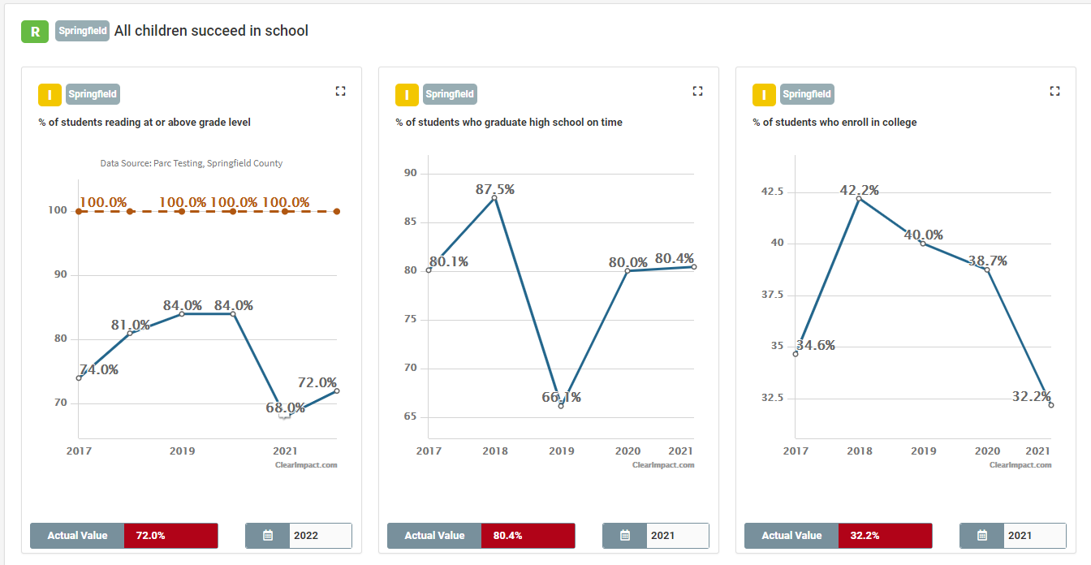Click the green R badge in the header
click(x=35, y=32)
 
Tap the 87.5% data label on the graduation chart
click(x=495, y=189)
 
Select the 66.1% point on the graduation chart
click(x=561, y=404)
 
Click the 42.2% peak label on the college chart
click(x=860, y=191)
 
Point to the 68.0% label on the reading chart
click(x=286, y=408)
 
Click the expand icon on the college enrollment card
click(x=1054, y=91)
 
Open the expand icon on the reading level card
click(x=340, y=91)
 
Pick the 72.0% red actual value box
click(x=170, y=536)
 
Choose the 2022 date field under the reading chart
click(x=320, y=536)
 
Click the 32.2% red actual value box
click(x=885, y=536)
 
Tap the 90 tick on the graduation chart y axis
click(x=410, y=173)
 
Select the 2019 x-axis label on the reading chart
click(x=182, y=451)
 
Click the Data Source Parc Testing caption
click(x=192, y=163)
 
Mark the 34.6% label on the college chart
click(x=815, y=346)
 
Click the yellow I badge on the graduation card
click(x=407, y=95)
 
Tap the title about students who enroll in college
click(x=834, y=123)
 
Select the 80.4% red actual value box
click(x=528, y=536)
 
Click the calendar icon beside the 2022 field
click(x=268, y=536)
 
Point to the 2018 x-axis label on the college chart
click(x=859, y=451)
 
